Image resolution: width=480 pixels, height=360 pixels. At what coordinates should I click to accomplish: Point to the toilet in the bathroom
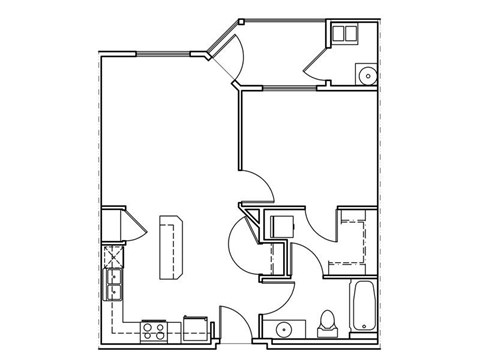click(x=325, y=323)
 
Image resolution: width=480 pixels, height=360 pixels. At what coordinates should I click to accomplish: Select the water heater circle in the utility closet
click(x=366, y=73)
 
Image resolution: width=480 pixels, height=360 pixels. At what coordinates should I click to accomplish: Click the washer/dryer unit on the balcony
click(x=345, y=34)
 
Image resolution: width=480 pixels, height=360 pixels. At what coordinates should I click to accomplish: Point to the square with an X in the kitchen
click(x=112, y=253)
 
